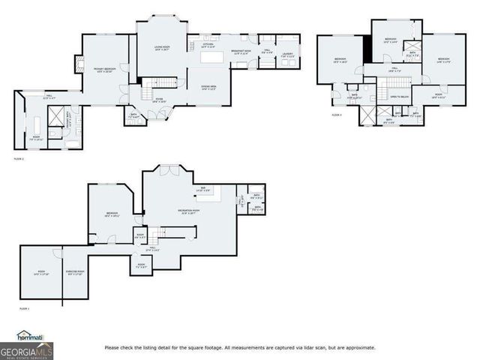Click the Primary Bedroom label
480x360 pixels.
103,70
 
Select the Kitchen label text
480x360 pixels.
208,46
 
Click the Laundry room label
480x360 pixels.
288,54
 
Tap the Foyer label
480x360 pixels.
159,99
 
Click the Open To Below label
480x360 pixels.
399,97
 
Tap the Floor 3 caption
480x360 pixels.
337,115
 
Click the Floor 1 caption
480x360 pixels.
24,308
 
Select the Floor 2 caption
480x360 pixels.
19,159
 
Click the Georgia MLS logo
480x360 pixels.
27,350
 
